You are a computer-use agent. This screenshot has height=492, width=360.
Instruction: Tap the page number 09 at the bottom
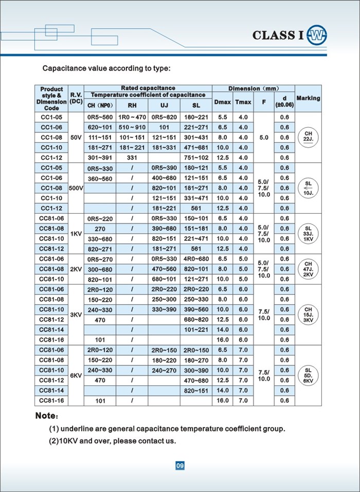(179, 466)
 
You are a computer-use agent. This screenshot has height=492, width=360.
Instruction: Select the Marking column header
(308, 98)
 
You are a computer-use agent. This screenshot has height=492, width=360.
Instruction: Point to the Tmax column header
(243, 102)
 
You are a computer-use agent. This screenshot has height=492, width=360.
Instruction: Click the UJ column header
(164, 106)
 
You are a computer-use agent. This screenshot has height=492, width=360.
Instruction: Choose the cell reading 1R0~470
(133, 117)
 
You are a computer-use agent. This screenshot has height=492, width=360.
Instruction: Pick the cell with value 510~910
(133, 128)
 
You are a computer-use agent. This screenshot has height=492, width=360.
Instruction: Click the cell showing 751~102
(196, 157)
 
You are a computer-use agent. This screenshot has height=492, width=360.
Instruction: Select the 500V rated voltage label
(76, 188)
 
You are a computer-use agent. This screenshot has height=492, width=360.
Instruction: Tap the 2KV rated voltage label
(76, 269)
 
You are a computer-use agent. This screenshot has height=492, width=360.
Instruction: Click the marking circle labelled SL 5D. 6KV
(308, 375)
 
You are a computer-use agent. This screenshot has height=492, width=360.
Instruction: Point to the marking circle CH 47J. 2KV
(308, 269)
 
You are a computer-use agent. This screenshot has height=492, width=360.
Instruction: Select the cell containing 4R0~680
(196, 259)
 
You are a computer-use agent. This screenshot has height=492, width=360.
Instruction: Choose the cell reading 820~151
(196, 390)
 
